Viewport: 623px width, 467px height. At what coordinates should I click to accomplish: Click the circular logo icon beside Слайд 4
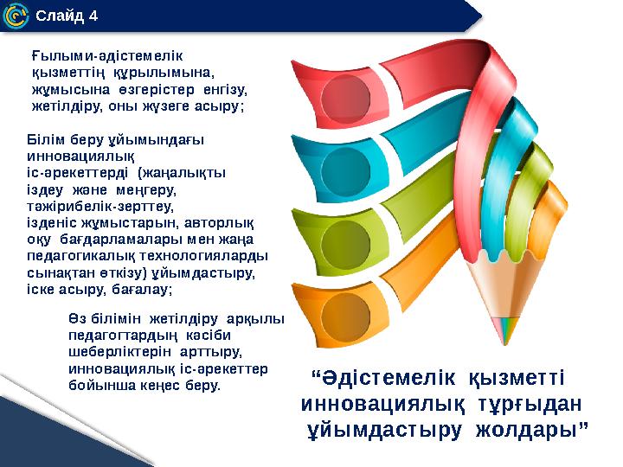click(x=16, y=16)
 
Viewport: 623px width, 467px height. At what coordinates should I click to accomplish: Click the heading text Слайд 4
click(x=67, y=16)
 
